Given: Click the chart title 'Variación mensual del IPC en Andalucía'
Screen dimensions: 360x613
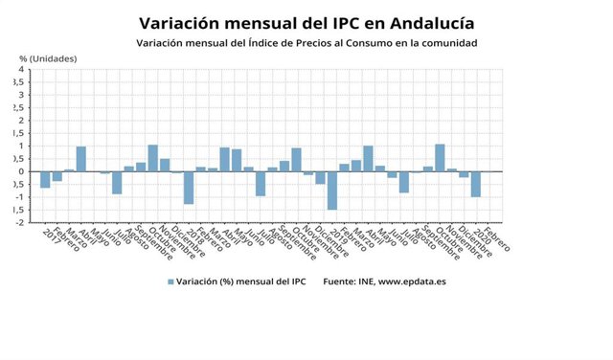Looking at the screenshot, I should point(306,23).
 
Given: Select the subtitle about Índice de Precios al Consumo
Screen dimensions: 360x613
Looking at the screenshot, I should point(306,43).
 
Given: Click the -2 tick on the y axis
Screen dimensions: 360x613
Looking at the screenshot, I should point(19,221).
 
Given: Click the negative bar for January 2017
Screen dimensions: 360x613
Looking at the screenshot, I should point(45,179).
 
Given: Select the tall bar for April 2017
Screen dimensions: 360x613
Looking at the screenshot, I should point(81,159).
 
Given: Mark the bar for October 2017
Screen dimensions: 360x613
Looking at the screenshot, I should point(153,158).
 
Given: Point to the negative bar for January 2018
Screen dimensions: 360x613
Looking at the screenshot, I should point(189,187).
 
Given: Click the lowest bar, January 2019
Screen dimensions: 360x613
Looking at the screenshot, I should point(332,190).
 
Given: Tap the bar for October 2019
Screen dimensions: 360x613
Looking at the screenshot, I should point(440,158).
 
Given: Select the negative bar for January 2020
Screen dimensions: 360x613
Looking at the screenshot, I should point(476,184).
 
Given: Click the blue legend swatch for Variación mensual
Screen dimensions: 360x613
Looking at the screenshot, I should point(171,281).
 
